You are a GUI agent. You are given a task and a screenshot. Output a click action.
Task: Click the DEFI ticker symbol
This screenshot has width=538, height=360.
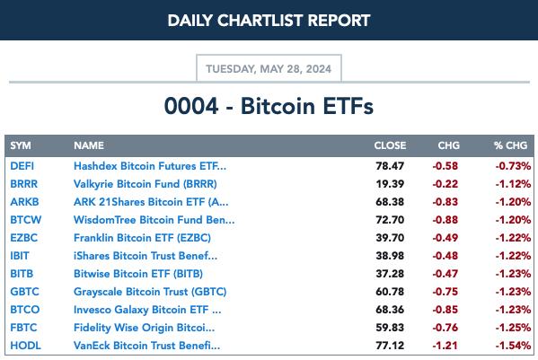22,166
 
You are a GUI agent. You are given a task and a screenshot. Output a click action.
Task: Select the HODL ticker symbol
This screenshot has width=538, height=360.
25,346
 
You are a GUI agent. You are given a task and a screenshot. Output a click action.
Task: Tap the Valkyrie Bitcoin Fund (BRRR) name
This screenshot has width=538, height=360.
146,184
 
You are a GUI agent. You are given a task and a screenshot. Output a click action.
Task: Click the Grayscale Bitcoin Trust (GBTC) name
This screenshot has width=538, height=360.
150,292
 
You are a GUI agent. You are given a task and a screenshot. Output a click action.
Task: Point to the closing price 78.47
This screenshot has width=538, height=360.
390,166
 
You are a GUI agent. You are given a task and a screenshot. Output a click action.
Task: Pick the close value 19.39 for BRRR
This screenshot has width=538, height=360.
390,184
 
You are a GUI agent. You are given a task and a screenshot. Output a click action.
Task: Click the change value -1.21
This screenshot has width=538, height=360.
445,346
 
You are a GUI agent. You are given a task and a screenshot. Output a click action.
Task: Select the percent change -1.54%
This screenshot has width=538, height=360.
513,346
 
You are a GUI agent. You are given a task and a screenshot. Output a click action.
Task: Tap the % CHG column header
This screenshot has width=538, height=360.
510,145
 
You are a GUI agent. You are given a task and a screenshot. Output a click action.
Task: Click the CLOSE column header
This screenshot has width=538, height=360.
390,145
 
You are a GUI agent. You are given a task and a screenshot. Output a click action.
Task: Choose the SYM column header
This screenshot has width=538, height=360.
21,145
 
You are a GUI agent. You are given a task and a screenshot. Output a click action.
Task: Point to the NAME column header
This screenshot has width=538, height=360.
89,145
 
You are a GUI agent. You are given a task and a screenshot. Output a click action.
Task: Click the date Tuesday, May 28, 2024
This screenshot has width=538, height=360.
269,69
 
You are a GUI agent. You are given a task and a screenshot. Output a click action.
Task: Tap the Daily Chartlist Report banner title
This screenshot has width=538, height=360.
269,21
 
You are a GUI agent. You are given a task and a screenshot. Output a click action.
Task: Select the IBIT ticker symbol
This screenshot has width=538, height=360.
20,256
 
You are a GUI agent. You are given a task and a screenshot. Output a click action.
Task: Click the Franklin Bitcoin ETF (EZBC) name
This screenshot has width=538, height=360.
143,238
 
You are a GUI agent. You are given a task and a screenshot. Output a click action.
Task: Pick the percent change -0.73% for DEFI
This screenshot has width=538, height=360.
513,166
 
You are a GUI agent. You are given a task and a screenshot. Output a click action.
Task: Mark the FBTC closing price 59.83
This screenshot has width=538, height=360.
390,328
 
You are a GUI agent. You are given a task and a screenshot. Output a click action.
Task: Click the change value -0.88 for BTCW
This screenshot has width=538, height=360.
445,220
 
